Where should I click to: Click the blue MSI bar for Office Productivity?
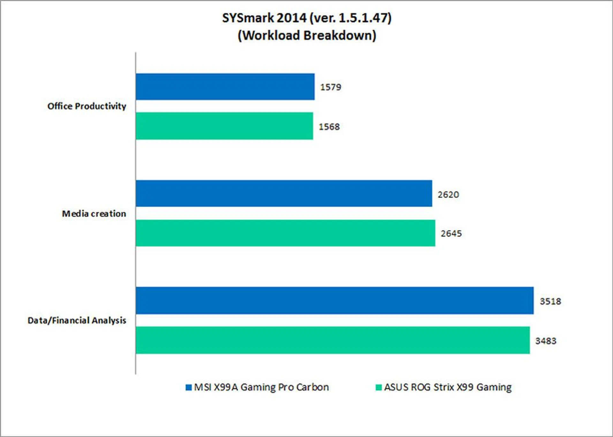point(225,87)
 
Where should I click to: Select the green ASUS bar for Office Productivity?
point(224,126)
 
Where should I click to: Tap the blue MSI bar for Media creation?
point(284,194)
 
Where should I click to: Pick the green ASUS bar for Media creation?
point(285,233)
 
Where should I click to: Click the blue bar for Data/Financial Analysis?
point(335,300)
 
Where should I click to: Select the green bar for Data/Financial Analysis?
point(333,340)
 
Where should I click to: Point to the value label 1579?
point(331,87)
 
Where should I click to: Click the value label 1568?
point(329,127)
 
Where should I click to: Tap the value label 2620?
point(448,195)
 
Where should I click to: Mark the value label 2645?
point(451,233)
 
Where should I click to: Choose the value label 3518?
point(550,301)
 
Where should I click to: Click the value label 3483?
point(546,341)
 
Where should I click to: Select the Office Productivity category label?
point(87,106)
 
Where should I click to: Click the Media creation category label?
point(94,214)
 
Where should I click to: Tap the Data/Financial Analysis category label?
point(77,320)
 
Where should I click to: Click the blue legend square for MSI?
point(189,387)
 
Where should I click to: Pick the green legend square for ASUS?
point(379,387)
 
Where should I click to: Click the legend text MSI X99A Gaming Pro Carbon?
point(261,387)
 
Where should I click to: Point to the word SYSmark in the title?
point(248,18)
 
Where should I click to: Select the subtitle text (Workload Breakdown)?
point(307,35)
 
